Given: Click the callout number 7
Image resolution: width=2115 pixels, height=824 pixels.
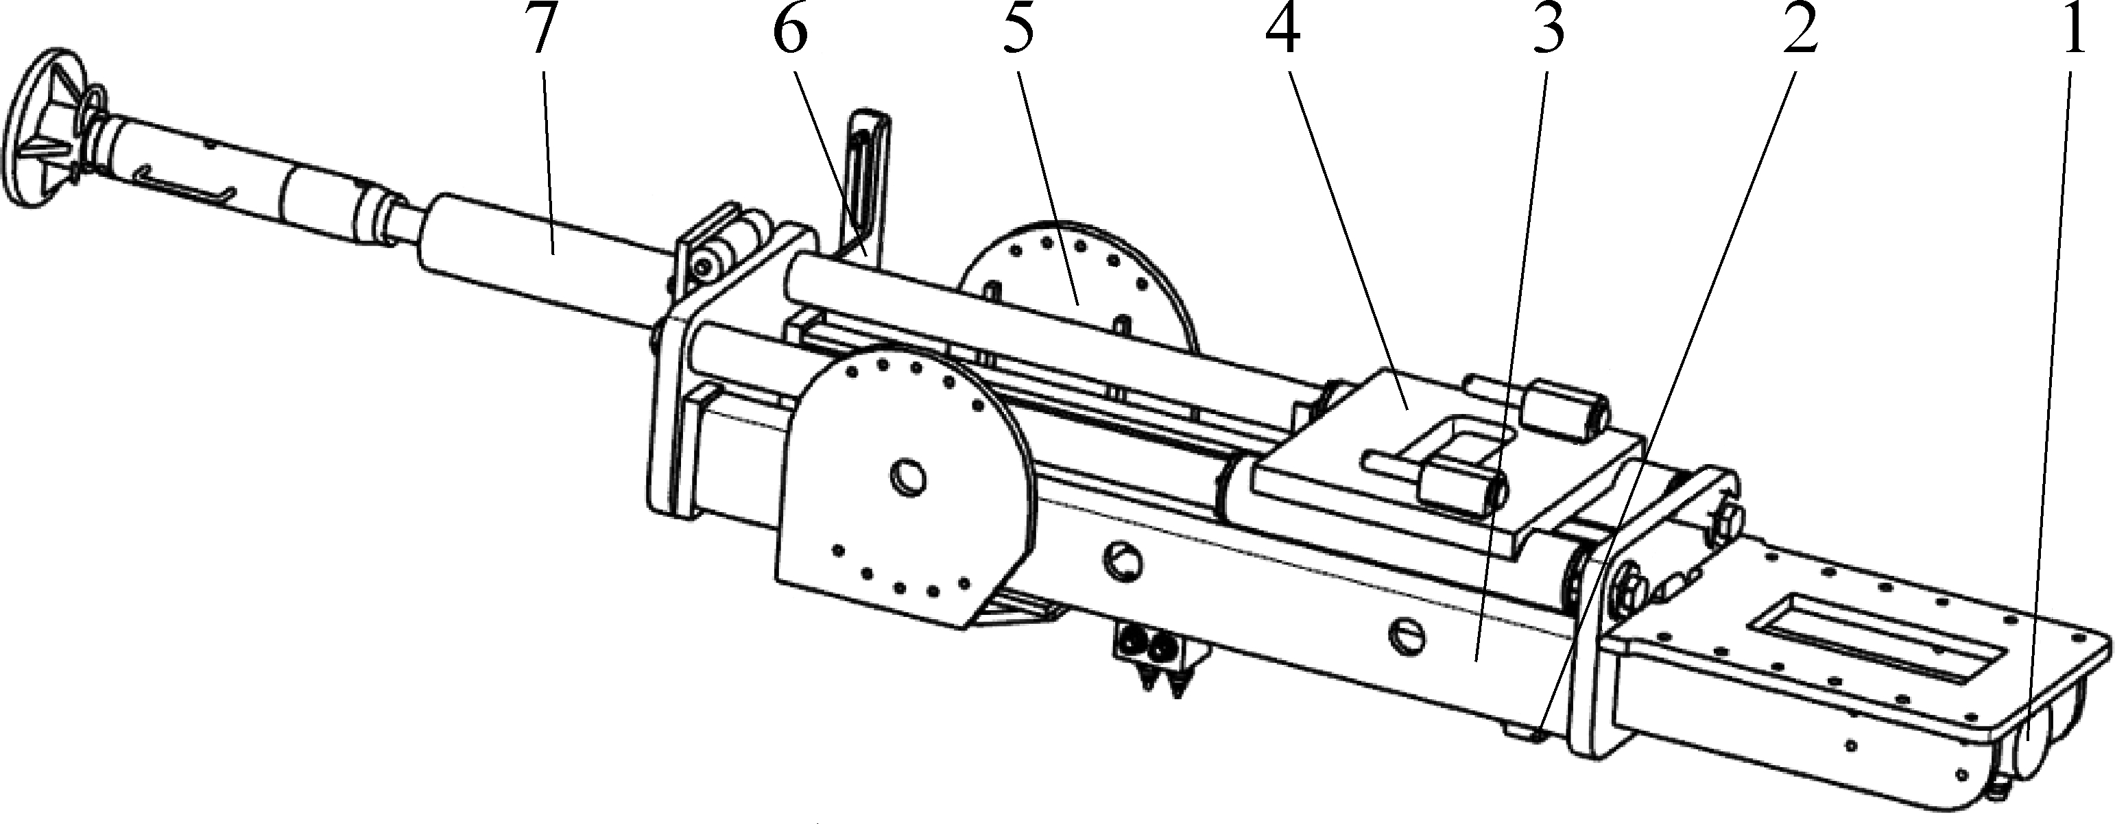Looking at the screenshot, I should (x=540, y=30).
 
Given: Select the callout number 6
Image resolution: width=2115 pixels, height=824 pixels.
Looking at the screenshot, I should (x=789, y=30).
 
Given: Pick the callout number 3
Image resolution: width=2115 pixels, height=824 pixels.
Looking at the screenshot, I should (x=1546, y=30).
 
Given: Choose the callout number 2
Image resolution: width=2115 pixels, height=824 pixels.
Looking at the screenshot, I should (x=1798, y=30).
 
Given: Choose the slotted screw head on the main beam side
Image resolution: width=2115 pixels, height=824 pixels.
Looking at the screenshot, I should (x=1407, y=633).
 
